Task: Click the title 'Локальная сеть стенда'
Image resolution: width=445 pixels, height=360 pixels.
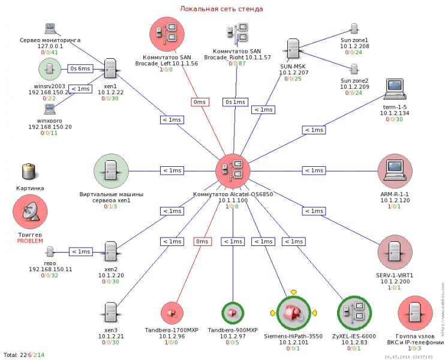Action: click(221, 9)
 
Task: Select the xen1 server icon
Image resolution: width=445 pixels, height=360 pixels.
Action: click(110, 70)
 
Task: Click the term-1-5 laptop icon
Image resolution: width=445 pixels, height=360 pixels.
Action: click(395, 89)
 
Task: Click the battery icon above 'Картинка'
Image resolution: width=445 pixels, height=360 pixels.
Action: click(29, 171)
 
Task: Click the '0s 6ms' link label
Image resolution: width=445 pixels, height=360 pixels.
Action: click(80, 68)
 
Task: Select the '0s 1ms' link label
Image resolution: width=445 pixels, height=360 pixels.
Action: click(235, 102)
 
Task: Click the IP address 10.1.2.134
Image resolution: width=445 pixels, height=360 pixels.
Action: click(395, 113)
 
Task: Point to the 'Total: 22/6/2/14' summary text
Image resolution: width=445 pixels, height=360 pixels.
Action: click(24, 355)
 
